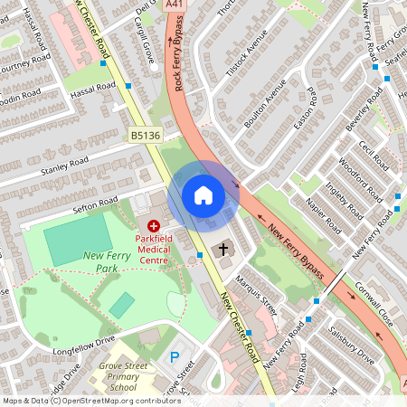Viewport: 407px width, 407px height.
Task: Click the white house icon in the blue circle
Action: click(203, 194)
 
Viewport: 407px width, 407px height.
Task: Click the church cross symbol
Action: click(222, 249)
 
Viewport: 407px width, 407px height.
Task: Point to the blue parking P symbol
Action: click(175, 357)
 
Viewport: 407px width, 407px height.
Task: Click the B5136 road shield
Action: click(144, 135)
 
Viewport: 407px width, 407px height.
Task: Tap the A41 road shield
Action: click(174, 5)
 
